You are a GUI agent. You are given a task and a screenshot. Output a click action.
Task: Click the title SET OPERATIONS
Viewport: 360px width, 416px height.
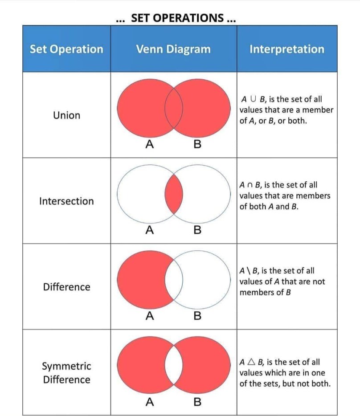[x=175, y=19]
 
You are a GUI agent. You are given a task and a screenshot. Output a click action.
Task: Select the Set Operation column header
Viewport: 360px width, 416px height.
[x=66, y=49]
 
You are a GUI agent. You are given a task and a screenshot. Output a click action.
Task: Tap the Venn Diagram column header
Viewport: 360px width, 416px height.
[x=173, y=49]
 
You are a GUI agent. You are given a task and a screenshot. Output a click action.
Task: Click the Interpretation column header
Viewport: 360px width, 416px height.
[x=287, y=49]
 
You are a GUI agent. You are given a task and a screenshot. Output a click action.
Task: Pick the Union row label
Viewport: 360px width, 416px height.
[x=66, y=115]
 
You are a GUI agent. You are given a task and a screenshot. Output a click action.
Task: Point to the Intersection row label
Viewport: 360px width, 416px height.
[x=66, y=201]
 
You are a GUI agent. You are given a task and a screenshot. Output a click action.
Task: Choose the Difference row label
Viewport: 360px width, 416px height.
[x=66, y=287]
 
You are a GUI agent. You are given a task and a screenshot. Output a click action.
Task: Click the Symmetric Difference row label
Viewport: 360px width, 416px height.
[x=66, y=373]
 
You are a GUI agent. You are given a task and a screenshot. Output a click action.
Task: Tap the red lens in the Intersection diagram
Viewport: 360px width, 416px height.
[x=174, y=195]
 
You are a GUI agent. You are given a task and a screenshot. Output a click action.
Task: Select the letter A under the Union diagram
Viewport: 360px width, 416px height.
[x=150, y=145]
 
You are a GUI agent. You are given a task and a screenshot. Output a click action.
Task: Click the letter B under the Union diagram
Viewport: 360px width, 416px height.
[x=197, y=145]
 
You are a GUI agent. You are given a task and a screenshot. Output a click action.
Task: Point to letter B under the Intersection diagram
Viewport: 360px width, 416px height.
[x=197, y=230]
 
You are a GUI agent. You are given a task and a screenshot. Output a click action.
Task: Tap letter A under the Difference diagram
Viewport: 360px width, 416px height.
[x=150, y=316]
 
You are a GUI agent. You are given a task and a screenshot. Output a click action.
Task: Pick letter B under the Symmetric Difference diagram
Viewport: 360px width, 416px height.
[x=197, y=402]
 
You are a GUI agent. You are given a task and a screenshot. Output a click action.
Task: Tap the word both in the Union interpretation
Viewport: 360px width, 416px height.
[x=296, y=121]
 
